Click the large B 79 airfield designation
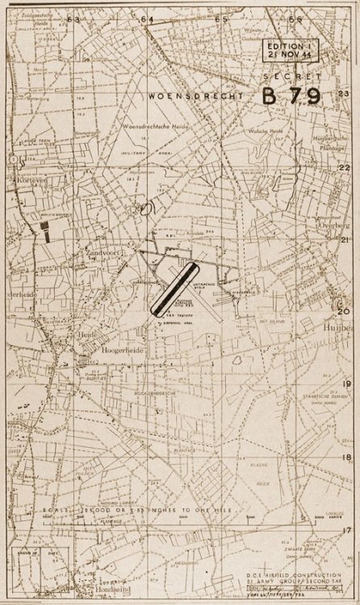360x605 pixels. (291, 96)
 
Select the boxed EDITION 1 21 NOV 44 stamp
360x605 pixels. (295, 52)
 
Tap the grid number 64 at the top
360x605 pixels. (148, 18)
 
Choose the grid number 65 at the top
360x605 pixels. (221, 18)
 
